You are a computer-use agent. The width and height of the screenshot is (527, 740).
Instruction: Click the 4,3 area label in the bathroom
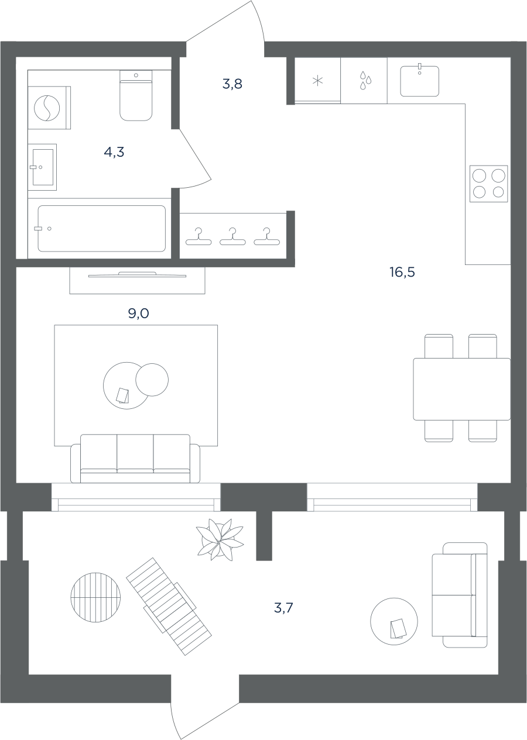pyautogui.click(x=114, y=152)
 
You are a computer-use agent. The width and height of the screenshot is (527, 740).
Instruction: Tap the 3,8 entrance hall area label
pyautogui.click(x=232, y=84)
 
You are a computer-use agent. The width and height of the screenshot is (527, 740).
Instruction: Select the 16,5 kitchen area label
pyautogui.click(x=402, y=272)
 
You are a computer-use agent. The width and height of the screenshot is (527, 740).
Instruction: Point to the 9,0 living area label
pyautogui.click(x=139, y=314)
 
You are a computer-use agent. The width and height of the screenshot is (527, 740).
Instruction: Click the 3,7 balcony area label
pyautogui.click(x=283, y=608)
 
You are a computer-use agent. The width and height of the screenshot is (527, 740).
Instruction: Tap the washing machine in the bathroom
pyautogui.click(x=49, y=108)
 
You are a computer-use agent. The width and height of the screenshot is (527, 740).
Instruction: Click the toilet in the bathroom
pyautogui.click(x=136, y=95)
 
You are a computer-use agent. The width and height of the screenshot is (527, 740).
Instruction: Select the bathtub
pyautogui.click(x=102, y=229)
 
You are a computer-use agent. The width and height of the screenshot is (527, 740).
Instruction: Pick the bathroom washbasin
pyautogui.click(x=42, y=167)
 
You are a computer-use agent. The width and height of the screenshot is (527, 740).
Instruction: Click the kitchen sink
pyautogui.click(x=419, y=81)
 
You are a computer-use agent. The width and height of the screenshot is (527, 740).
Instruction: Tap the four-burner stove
pyautogui.click(x=489, y=184)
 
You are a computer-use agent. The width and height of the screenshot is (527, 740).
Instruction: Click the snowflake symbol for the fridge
pyautogui.click(x=317, y=81)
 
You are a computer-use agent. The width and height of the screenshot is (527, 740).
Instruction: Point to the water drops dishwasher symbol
pyautogui.click(x=365, y=80)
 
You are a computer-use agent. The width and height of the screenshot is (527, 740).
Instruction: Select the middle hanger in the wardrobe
pyautogui.click(x=232, y=237)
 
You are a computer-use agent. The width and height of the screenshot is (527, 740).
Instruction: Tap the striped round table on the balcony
pyautogui.click(x=95, y=597)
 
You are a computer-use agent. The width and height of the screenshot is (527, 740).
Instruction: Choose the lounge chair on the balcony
pyautogui.click(x=169, y=606)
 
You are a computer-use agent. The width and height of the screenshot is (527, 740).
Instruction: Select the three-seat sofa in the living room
pyautogui.click(x=135, y=459)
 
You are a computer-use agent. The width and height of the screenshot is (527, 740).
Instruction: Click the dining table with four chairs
pyautogui.click(x=461, y=388)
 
